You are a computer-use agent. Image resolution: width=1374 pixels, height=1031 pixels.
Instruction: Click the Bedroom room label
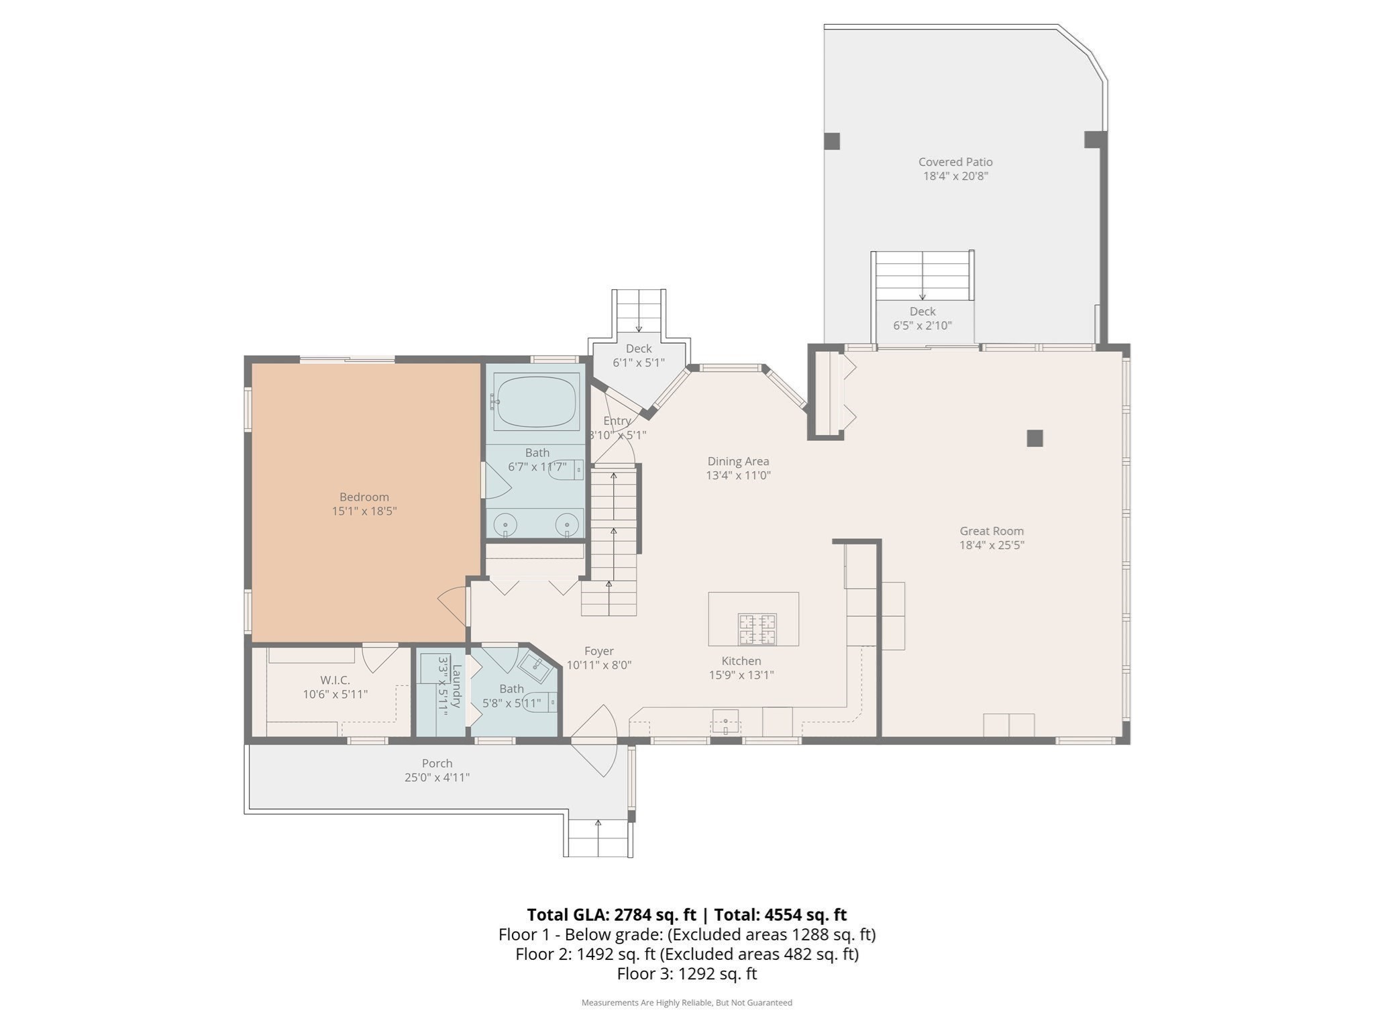tap(364, 497)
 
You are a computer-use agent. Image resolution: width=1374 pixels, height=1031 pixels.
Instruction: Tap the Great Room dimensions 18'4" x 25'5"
tap(992, 545)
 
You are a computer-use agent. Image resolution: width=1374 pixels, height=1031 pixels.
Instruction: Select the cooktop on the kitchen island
tap(757, 629)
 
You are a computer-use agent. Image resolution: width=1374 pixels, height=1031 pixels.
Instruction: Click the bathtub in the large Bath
tap(535, 401)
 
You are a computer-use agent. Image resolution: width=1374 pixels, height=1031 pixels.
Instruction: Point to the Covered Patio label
tap(955, 162)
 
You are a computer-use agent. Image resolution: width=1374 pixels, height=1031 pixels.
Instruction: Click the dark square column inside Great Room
tap(1035, 438)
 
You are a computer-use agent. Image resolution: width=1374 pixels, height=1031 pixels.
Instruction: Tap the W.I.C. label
tap(335, 680)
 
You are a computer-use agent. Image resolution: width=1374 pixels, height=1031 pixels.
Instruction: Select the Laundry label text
tap(456, 686)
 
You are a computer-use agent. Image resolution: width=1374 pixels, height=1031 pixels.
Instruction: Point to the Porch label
tap(437, 763)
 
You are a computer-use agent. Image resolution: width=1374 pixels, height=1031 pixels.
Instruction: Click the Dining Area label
tap(738, 461)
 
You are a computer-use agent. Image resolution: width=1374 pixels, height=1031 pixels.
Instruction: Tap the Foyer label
tap(598, 650)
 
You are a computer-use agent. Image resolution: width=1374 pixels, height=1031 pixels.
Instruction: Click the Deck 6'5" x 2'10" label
tap(922, 311)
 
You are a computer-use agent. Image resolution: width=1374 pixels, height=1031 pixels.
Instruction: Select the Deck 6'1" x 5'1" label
tap(638, 348)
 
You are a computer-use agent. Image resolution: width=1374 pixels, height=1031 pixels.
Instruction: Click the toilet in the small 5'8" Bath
tap(541, 702)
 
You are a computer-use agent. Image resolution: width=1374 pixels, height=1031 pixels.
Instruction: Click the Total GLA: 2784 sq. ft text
tap(611, 915)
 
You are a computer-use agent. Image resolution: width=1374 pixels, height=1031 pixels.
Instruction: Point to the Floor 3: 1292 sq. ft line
tap(686, 973)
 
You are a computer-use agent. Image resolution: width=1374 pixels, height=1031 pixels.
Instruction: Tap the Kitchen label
tap(741, 661)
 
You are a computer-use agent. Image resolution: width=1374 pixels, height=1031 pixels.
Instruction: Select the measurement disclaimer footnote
tap(686, 1003)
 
